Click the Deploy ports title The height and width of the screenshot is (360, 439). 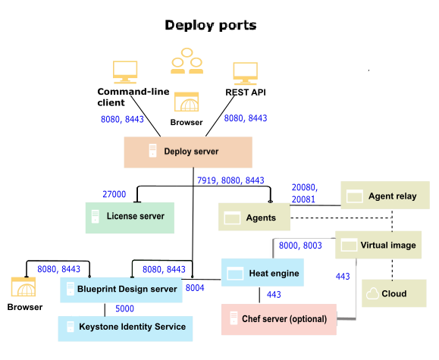[211, 26]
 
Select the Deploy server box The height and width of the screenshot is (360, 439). [188, 152]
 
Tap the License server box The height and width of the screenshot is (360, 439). [130, 217]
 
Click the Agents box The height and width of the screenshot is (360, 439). [256, 218]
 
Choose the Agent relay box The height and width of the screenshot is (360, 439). [384, 196]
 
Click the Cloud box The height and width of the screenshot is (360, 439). [394, 293]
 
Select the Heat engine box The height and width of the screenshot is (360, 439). [263, 273]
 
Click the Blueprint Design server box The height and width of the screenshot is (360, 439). [121, 289]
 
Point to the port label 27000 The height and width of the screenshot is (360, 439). [114, 194]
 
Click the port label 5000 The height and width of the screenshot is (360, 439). [126, 308]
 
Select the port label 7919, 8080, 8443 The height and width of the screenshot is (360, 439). [230, 180]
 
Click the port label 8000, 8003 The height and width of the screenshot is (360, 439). [300, 246]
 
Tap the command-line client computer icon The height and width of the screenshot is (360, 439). [125, 73]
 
